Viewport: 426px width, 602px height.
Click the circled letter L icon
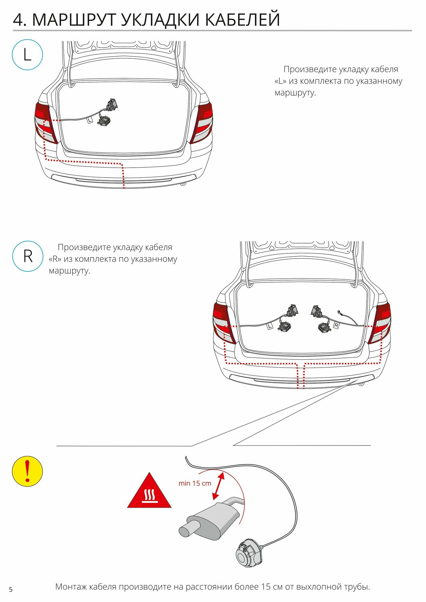(27, 55)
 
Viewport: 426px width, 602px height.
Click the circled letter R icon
(28, 256)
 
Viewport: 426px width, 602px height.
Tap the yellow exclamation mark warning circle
(27, 471)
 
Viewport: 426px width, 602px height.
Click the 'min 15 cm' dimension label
(195, 483)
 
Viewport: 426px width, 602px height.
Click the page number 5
(11, 590)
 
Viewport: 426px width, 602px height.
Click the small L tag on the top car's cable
(90, 120)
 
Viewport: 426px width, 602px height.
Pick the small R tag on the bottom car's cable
(336, 325)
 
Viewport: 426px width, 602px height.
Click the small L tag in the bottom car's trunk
(270, 326)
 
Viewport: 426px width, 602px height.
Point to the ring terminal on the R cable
(340, 312)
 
